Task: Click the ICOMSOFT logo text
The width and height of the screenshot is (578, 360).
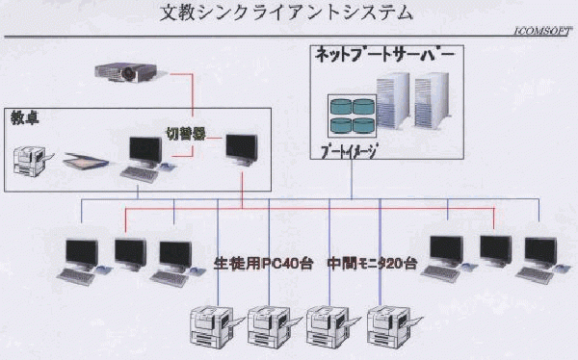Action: (x=543, y=32)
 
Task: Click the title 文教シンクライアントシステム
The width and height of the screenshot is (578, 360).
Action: (x=286, y=13)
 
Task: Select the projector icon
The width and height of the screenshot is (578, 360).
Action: (x=126, y=72)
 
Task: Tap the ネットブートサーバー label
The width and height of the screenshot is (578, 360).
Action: (x=384, y=55)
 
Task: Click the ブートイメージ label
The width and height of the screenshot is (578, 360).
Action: (x=349, y=151)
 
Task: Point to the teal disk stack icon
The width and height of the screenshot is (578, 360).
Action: (x=353, y=116)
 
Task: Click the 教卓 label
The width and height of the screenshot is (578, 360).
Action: (x=25, y=117)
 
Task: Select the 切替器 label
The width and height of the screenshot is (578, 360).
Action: (x=185, y=134)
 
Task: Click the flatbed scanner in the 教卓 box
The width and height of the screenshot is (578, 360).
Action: (x=86, y=161)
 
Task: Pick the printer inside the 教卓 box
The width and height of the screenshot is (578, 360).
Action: (x=32, y=161)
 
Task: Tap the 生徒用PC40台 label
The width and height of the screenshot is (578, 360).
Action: (x=263, y=264)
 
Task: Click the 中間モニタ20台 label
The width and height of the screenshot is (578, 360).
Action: (x=372, y=264)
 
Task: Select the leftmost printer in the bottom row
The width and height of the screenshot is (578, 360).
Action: (x=215, y=327)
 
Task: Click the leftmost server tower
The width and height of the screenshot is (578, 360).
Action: (x=393, y=100)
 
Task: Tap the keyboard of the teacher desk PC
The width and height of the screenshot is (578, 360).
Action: (x=139, y=174)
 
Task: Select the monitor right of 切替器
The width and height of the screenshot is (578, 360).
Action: (x=242, y=149)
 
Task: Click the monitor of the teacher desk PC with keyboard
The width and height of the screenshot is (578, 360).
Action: (x=145, y=152)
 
